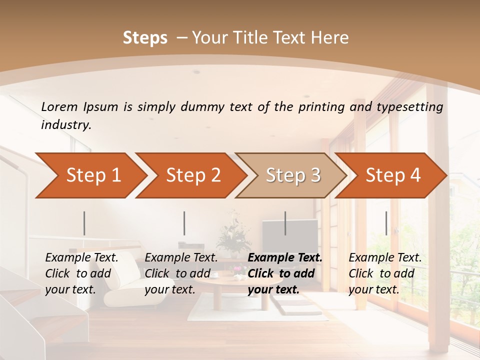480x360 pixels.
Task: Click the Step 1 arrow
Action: coord(90,175)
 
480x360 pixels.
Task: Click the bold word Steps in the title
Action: coord(145,38)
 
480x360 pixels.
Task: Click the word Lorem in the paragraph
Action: coord(59,106)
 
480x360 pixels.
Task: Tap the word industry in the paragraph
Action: coord(65,125)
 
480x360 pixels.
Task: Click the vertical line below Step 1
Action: coord(84,223)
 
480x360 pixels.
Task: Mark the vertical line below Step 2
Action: coord(184,223)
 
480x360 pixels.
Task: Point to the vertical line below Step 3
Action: coord(285,223)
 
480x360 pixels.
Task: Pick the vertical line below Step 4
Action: coord(386,223)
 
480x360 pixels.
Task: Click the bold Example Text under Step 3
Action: coord(285,258)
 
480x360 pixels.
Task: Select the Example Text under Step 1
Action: coord(81,258)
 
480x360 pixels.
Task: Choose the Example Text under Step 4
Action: coord(385,258)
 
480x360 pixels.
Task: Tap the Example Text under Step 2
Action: coord(181,258)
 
